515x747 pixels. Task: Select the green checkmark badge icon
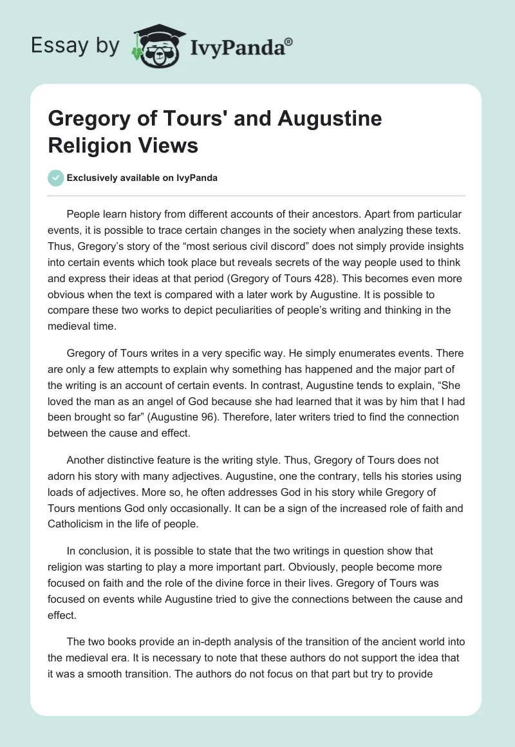point(56,178)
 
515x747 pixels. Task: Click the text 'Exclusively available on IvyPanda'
point(143,178)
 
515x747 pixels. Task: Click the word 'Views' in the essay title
point(167,145)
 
